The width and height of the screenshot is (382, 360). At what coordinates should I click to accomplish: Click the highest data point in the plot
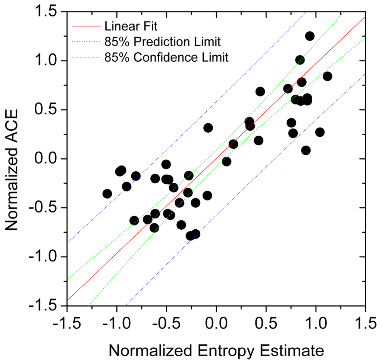(310, 36)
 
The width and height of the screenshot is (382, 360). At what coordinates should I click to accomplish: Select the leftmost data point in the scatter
(107, 194)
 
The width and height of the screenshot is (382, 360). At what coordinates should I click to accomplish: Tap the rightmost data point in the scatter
(328, 76)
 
